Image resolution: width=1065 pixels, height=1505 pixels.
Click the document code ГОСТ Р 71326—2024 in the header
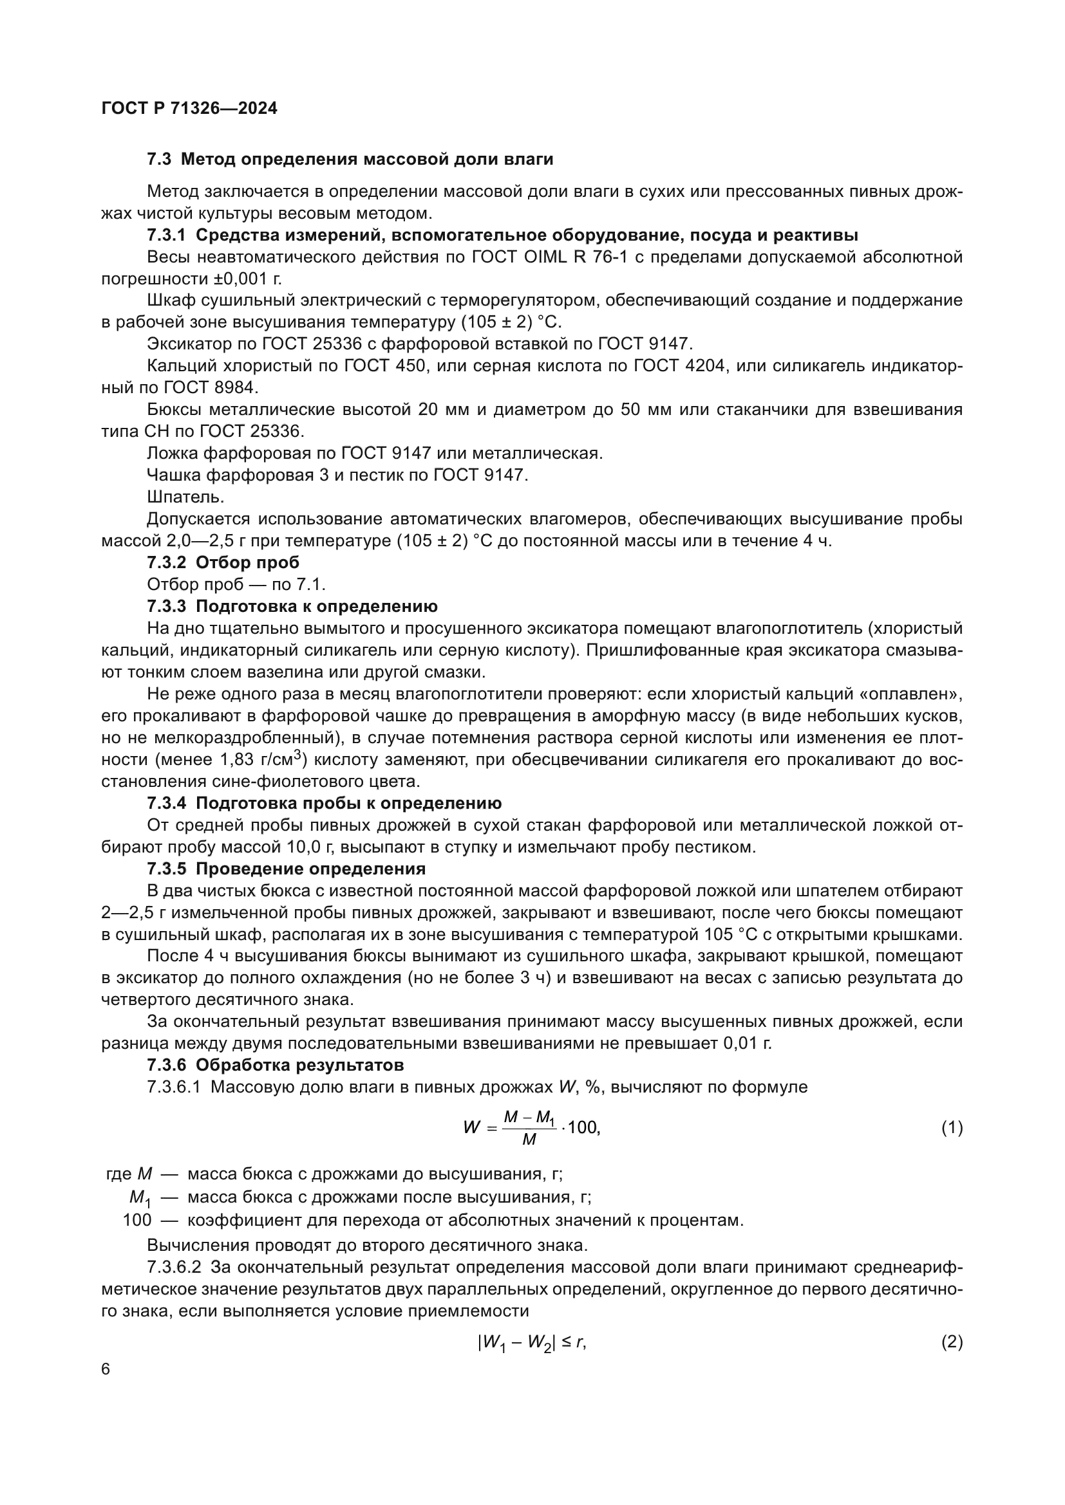pos(189,108)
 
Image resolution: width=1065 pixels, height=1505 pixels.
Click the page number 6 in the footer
pos(106,1369)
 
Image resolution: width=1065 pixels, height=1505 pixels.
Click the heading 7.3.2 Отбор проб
pos(223,562)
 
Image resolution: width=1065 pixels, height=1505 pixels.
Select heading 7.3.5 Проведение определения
pos(286,869)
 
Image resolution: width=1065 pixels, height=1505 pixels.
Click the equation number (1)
pos(952,1127)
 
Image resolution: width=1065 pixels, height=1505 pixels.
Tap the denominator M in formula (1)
pos(529,1140)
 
